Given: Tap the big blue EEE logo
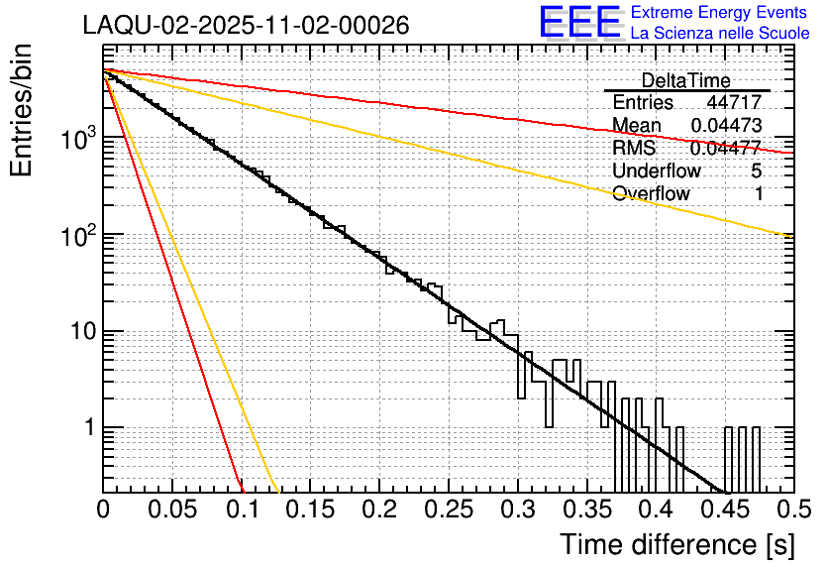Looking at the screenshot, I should (x=579, y=23).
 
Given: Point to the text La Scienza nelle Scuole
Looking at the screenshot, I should (x=720, y=34).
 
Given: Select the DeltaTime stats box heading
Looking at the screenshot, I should (x=685, y=80).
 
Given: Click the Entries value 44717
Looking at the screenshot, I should (x=734, y=103).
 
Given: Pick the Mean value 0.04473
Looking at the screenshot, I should (x=726, y=125).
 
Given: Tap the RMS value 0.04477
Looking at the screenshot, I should (x=726, y=148).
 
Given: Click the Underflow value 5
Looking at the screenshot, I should (x=757, y=170).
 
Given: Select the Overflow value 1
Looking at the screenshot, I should (x=759, y=193).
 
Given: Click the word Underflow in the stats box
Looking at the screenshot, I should (x=656, y=170).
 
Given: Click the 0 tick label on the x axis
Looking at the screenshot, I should (x=103, y=510).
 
